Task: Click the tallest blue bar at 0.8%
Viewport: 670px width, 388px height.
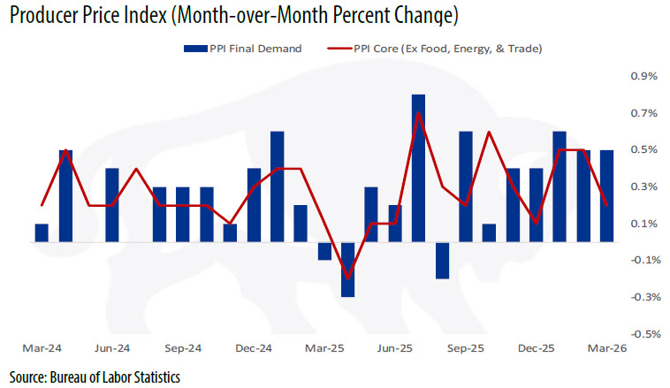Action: coord(418,168)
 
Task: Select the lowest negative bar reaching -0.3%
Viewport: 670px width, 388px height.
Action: coord(347,270)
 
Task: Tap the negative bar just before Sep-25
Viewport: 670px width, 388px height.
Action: coord(442,260)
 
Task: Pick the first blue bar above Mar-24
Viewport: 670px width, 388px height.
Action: coord(42,232)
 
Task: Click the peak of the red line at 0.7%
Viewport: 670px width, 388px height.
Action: coord(418,114)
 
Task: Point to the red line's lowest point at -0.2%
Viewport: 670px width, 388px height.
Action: coord(347,278)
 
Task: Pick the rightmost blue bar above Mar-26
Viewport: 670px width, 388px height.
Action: coord(606,195)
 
